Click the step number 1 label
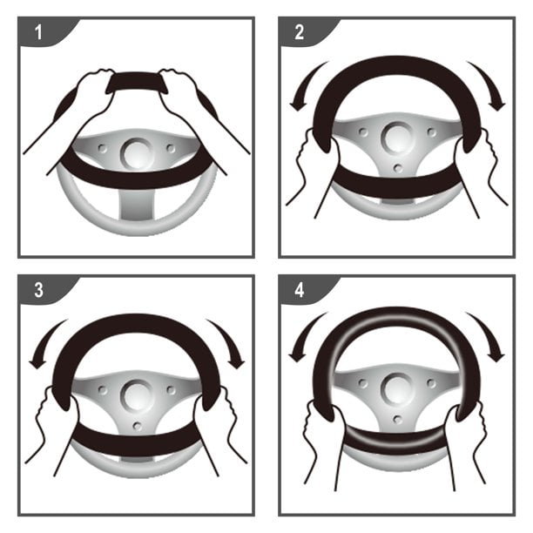click(38, 32)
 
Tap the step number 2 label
click(299, 32)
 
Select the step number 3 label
click(38, 290)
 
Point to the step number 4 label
click(299, 290)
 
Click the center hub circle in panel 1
click(137, 153)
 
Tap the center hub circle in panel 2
click(397, 138)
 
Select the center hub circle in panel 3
click(137, 395)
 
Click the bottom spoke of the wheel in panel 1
click(137, 204)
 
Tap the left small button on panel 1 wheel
click(102, 148)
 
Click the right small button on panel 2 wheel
click(432, 132)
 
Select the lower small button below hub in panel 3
click(138, 426)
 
